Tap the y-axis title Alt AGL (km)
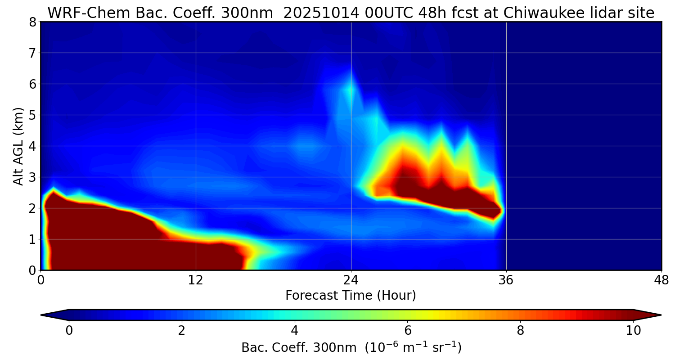coord(18,146)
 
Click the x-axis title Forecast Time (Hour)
coord(351,295)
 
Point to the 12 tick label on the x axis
coord(196,280)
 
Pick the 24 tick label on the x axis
coord(351,280)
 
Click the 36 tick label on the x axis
coord(506,280)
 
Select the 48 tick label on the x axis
coord(661,280)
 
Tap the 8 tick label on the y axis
coord(32,22)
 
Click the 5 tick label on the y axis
coord(32,115)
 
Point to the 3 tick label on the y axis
coord(32,177)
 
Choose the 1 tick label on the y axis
coord(32,239)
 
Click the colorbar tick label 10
coord(633,331)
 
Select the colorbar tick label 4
coord(295,331)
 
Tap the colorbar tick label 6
coord(408,331)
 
